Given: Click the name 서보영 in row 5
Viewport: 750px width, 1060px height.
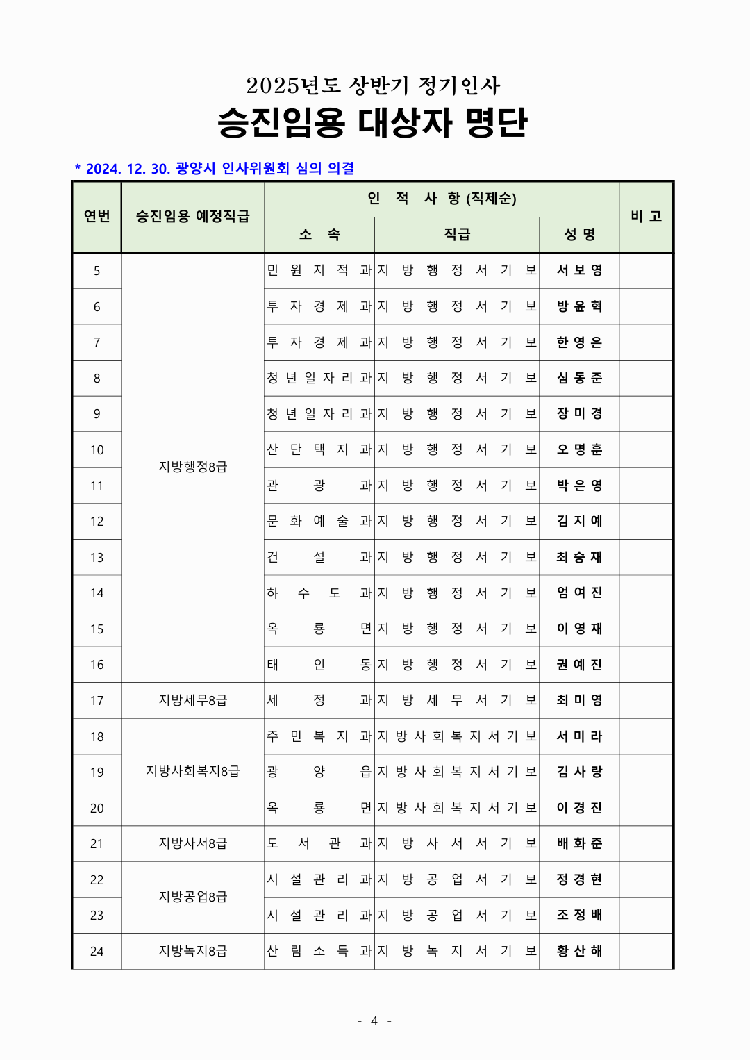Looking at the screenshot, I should coord(579,270).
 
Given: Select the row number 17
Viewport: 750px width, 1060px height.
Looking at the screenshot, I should coord(97,700).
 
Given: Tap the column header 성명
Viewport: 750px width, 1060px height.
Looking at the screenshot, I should coord(579,234).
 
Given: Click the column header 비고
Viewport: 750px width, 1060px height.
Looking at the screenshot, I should coord(646,216).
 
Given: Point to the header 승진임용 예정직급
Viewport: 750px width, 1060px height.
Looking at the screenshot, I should coord(192,216).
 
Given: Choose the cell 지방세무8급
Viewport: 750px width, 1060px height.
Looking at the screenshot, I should coord(192,700).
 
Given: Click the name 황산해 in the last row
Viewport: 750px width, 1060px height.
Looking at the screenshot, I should coord(579,951).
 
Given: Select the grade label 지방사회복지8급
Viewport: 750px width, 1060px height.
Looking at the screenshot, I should coord(192,772).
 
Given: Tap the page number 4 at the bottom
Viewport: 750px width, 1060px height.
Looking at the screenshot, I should coord(374,1020).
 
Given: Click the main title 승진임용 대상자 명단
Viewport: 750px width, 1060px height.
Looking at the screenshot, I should coord(373,122).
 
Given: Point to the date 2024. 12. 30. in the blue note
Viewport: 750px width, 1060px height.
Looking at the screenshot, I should coord(128,169).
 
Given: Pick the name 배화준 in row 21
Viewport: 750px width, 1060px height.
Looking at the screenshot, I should coord(579,843).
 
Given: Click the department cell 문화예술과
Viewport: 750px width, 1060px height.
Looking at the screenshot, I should coord(319,521).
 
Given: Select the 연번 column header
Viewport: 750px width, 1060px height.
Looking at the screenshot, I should coord(97,216).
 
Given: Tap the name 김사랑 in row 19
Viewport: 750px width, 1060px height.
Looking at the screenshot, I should coord(579,772).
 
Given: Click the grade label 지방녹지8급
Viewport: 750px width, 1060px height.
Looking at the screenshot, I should coord(192,951).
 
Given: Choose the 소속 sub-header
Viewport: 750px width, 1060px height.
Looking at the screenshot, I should coord(319,234).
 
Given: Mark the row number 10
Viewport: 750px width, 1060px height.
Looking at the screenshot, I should coord(97,449).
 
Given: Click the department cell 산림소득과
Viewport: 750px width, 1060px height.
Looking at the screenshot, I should coord(319,951).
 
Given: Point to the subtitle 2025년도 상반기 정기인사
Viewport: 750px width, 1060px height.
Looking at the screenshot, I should coord(373,85).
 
